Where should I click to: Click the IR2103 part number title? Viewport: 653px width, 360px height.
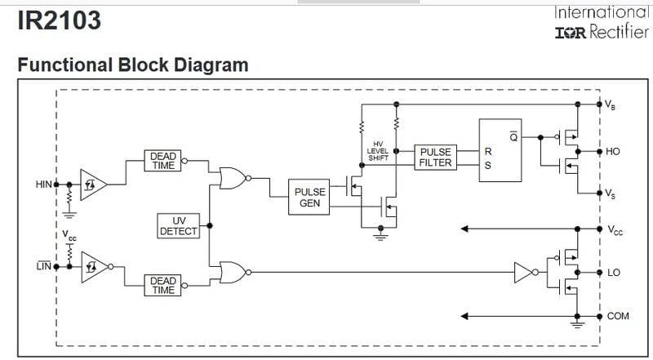click(x=59, y=20)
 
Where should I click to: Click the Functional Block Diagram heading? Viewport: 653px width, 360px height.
click(x=132, y=64)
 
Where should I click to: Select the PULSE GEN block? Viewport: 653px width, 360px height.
click(x=309, y=198)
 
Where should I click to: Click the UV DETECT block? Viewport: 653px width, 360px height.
click(x=178, y=225)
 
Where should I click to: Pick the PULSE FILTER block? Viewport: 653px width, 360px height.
click(x=436, y=157)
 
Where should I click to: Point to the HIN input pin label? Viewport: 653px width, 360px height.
click(x=43, y=184)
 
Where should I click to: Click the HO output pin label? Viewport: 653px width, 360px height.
click(x=613, y=152)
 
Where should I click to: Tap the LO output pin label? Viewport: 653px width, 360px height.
click(x=613, y=272)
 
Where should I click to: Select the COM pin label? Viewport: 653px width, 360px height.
click(x=617, y=315)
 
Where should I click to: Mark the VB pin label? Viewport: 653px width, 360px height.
click(x=610, y=104)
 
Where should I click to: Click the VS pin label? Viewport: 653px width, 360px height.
click(x=610, y=193)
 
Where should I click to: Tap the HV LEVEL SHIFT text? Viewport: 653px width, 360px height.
click(x=377, y=151)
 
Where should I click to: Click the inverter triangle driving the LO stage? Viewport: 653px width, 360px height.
click(x=523, y=272)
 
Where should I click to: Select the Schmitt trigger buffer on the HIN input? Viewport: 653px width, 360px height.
click(x=91, y=184)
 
